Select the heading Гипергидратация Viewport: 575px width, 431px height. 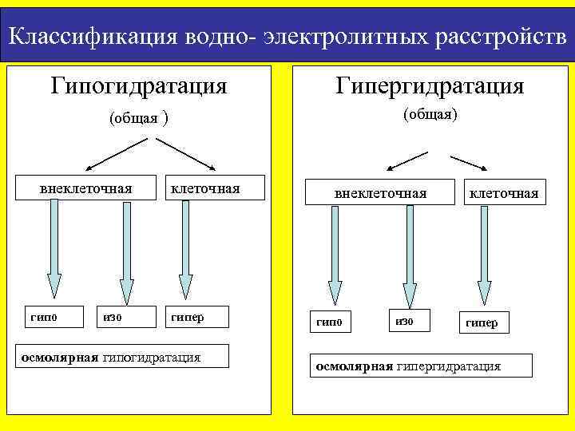[x=430, y=85]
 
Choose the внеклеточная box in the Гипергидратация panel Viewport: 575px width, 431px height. [x=380, y=193]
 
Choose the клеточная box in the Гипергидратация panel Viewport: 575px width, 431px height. [x=503, y=193]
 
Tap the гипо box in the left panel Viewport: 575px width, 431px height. [x=43, y=317]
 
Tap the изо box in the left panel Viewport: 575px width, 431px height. [x=117, y=317]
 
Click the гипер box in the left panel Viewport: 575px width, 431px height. [x=196, y=317]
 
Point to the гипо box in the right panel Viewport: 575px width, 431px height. [x=329, y=322]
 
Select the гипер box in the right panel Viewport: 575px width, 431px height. [x=482, y=322]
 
